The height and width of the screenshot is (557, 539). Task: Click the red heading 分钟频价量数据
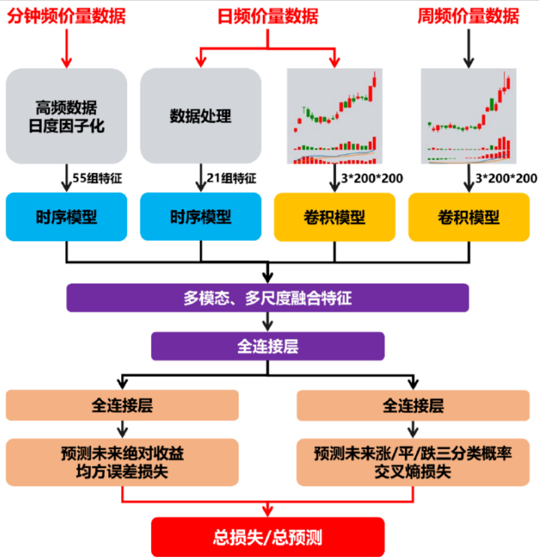(x=66, y=16)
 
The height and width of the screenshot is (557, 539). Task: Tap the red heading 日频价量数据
(x=268, y=16)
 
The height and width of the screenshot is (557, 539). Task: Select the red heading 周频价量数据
(x=468, y=16)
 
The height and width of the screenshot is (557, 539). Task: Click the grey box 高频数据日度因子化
(x=66, y=116)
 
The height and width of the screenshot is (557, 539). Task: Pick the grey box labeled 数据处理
(x=201, y=116)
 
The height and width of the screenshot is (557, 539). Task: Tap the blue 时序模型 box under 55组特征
(x=66, y=217)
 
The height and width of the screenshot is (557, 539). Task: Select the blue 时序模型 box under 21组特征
(x=201, y=217)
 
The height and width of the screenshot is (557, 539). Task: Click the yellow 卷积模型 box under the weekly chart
(x=469, y=217)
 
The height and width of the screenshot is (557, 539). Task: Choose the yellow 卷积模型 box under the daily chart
(x=335, y=217)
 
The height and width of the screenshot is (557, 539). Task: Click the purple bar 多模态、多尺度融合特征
(x=267, y=298)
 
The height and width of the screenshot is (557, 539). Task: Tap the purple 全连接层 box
(x=267, y=346)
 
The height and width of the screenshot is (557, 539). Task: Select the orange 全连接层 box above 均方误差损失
(x=122, y=405)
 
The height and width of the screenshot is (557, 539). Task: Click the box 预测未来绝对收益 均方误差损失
(x=122, y=462)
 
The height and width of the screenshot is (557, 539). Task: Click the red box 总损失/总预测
(x=267, y=537)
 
